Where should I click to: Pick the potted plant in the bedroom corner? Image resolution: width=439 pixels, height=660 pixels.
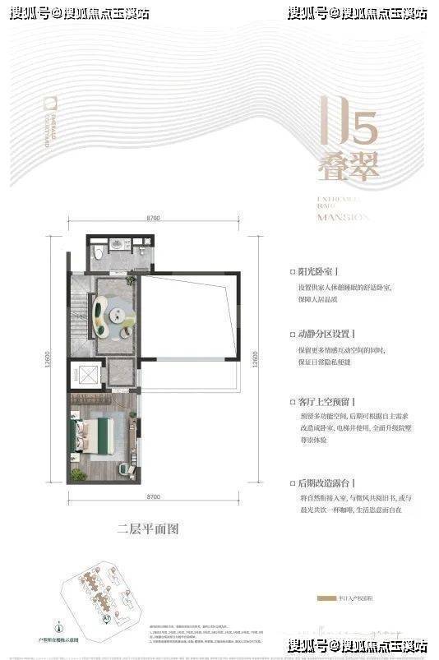(x=77, y=474)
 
